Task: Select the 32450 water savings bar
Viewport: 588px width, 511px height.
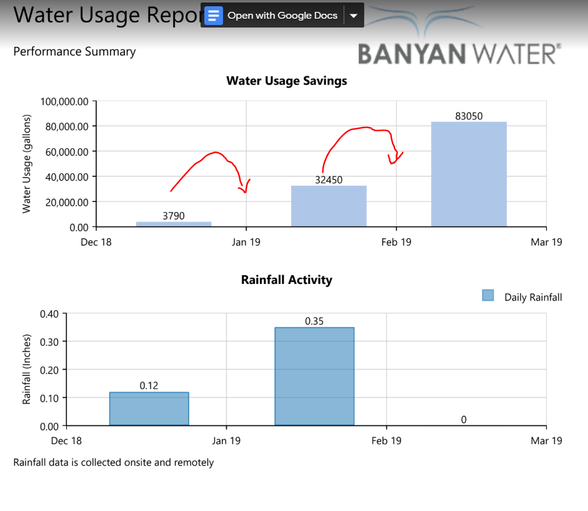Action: click(x=329, y=206)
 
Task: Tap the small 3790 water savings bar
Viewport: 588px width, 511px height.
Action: click(x=174, y=224)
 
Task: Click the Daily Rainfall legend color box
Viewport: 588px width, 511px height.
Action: click(x=489, y=295)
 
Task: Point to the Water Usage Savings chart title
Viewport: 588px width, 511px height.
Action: click(x=287, y=81)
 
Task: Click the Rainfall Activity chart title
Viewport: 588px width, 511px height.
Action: click(x=287, y=280)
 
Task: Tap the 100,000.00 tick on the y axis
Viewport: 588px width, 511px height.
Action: click(x=64, y=101)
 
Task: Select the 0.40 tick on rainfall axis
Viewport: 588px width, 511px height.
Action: click(x=49, y=313)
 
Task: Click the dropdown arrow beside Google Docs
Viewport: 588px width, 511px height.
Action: click(x=354, y=16)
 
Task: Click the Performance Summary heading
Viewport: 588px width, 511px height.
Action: click(x=74, y=52)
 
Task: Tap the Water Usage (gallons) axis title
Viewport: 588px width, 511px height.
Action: click(x=27, y=164)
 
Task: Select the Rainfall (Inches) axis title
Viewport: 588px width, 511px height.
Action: click(x=27, y=369)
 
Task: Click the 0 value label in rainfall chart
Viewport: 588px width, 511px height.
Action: click(x=464, y=420)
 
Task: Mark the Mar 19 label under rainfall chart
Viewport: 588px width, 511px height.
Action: click(x=546, y=441)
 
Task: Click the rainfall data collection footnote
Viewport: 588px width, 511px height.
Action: click(x=114, y=463)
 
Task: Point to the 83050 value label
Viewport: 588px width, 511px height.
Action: click(x=469, y=116)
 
